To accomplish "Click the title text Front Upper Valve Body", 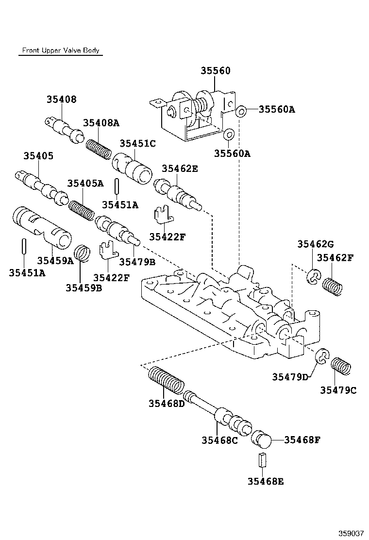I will (61, 51).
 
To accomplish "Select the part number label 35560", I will (216, 71).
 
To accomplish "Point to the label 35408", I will (62, 100).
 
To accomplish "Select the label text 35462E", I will (180, 169).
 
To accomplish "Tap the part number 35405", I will (38, 156).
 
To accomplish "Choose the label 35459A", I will (55, 261).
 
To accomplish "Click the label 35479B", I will (137, 262).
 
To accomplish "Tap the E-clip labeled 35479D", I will (322, 357).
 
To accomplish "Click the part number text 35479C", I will (338, 390).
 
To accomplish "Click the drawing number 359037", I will (351, 533).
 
